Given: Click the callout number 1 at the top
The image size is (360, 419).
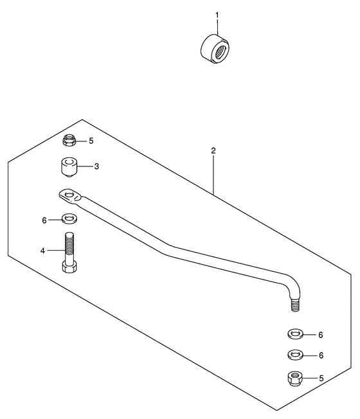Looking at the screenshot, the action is click(217, 15).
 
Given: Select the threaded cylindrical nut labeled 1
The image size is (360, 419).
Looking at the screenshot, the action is click(215, 49).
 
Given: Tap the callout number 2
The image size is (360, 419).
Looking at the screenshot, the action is click(213, 151).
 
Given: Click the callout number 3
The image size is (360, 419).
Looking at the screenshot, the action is click(96, 166).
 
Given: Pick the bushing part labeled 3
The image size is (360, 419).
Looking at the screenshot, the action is click(69, 166).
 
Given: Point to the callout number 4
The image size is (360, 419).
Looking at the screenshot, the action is click(42, 251).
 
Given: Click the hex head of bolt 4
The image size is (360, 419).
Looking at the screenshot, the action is click(69, 267).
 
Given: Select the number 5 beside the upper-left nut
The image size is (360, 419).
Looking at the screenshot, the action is click(91, 141).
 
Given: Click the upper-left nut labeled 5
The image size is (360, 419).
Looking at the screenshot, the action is click(69, 140).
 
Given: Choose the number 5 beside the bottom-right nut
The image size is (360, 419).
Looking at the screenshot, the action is click(321, 378).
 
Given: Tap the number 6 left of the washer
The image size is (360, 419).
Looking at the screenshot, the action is click(44, 220).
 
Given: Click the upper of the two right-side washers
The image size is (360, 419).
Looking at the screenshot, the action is click(295, 334).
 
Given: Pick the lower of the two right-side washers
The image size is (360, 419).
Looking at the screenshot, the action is click(295, 355).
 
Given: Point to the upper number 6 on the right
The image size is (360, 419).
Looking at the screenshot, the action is click(321, 335).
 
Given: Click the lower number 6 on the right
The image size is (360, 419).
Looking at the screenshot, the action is click(321, 355).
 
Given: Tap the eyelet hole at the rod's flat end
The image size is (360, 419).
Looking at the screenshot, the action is click(69, 194).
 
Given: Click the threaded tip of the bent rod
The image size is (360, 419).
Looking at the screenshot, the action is click(295, 305).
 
